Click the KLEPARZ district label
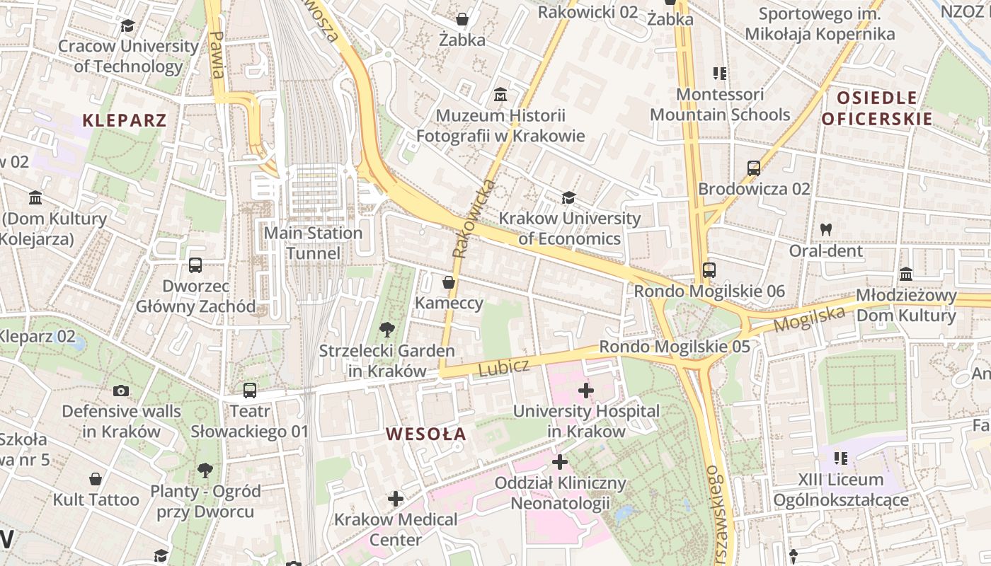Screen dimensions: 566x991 (125, 120)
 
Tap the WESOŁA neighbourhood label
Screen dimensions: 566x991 (426, 434)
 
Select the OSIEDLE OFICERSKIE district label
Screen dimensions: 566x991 (877, 108)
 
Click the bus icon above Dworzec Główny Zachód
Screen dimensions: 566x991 (195, 265)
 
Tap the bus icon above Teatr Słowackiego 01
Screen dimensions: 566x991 (249, 391)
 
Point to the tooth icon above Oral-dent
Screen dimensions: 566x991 (825, 229)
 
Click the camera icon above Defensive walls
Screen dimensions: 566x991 (121, 391)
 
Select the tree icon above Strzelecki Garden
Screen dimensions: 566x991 (386, 330)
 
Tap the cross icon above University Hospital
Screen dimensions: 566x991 (585, 390)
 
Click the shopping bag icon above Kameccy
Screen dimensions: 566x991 (448, 282)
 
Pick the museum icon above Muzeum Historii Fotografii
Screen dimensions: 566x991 (500, 94)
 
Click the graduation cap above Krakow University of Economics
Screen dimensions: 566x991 (568, 197)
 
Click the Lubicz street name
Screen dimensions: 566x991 (503, 367)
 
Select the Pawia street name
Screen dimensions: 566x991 (217, 54)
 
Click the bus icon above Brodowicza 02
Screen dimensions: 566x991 (754, 168)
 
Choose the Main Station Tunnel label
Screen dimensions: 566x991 (313, 243)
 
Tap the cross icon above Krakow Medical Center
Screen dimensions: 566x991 (396, 499)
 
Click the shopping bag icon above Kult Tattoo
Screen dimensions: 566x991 (96, 479)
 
